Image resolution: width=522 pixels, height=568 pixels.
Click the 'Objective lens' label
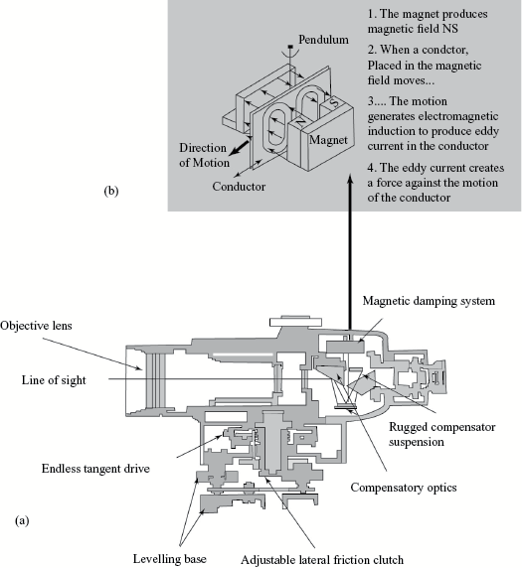[x=36, y=326]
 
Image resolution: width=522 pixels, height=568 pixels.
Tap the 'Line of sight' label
[x=54, y=380]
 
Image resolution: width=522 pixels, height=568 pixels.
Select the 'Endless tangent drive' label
[x=95, y=469]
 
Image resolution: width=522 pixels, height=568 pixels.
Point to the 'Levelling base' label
[x=170, y=559]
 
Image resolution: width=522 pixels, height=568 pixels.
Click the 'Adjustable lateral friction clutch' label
[x=322, y=560]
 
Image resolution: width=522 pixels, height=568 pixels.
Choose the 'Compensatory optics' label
[x=404, y=488]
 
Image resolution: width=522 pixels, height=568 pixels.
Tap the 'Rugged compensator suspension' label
[x=442, y=434]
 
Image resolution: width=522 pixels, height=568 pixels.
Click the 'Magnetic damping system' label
[x=429, y=301]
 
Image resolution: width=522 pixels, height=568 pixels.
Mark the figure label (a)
[x=22, y=521]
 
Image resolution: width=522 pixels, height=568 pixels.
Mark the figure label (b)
[x=111, y=191]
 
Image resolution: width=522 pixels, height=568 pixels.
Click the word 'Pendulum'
[x=323, y=40]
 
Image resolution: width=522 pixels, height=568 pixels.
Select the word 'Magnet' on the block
[x=328, y=140]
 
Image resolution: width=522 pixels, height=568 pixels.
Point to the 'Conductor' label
[x=239, y=187]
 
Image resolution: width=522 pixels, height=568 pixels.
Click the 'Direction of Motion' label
[x=204, y=155]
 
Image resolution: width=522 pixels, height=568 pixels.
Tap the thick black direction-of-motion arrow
[x=239, y=148]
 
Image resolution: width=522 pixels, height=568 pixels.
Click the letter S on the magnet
[x=334, y=102]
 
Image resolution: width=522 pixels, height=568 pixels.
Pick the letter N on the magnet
[x=299, y=122]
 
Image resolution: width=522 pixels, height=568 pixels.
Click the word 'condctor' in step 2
[x=445, y=50]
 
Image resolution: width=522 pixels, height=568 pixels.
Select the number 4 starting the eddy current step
[x=370, y=168]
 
